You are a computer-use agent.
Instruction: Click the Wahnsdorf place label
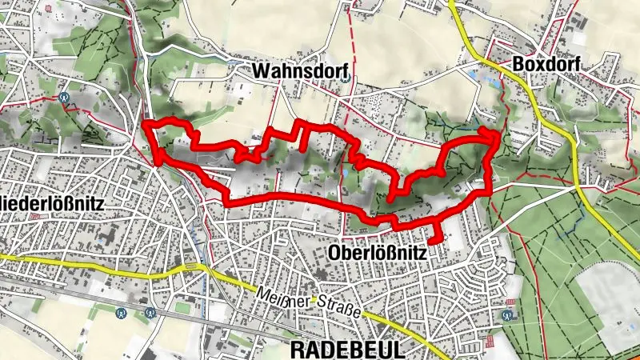click(298, 71)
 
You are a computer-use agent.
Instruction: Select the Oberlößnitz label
click(378, 253)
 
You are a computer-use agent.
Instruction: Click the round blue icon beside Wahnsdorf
click(344, 77)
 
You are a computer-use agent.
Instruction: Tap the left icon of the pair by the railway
click(122, 313)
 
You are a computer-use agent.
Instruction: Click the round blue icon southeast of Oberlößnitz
click(506, 314)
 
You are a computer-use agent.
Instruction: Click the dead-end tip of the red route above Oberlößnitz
click(434, 241)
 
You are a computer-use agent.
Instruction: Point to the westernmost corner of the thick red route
click(145, 124)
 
